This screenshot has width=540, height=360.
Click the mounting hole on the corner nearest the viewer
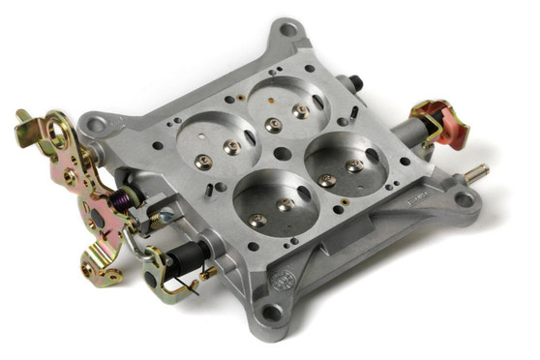click(x=273, y=313)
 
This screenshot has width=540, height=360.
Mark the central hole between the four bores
click(x=281, y=153)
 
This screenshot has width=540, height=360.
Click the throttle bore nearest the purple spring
click(x=217, y=140)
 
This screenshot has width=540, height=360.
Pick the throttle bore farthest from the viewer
click(x=286, y=104)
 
